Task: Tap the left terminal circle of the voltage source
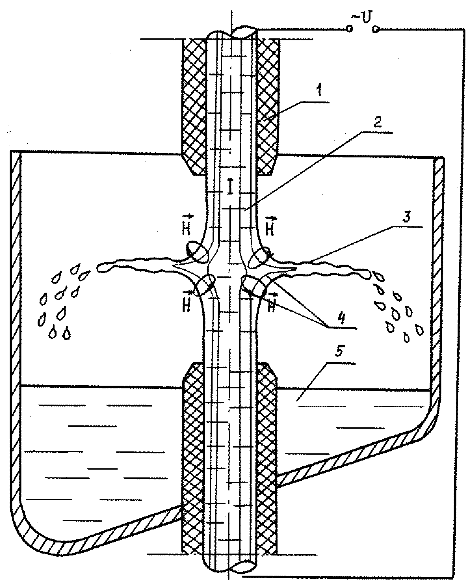(x=349, y=28)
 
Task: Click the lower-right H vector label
(x=272, y=305)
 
